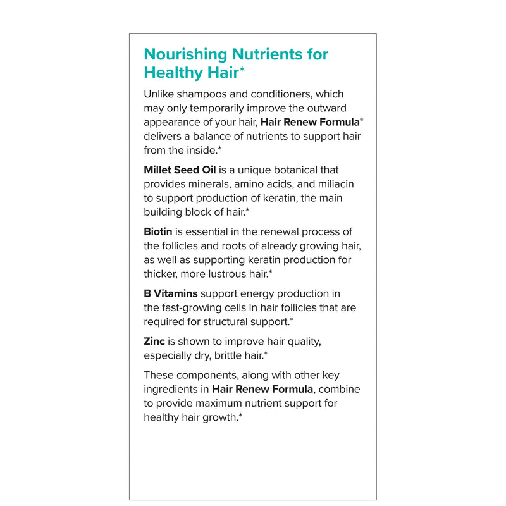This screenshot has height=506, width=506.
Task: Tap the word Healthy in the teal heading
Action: click(173, 73)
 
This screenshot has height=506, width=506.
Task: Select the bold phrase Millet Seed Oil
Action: click(180, 170)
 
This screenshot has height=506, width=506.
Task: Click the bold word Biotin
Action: click(158, 232)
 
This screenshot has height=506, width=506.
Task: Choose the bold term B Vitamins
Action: click(171, 293)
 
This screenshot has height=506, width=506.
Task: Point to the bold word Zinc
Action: click(154, 341)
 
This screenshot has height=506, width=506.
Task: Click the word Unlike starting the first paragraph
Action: click(160, 94)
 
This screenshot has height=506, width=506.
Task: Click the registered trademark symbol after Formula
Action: click(362, 120)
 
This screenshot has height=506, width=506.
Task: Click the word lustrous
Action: click(225, 274)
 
